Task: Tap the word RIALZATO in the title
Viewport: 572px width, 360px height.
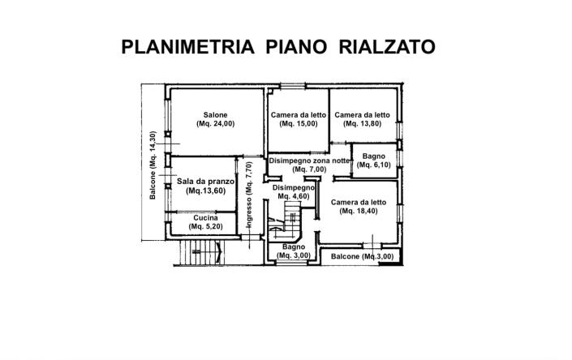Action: click(x=385, y=46)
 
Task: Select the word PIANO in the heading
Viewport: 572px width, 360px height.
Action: click(x=295, y=46)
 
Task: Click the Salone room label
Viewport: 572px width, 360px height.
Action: click(x=215, y=114)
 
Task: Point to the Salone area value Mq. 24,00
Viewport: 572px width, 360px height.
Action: click(x=215, y=124)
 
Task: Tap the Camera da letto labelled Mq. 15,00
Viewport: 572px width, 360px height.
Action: click(x=298, y=114)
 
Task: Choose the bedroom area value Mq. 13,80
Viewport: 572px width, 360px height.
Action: click(x=362, y=124)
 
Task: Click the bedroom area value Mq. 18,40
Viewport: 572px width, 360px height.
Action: click(x=358, y=211)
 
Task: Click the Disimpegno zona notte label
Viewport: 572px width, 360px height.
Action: click(x=310, y=161)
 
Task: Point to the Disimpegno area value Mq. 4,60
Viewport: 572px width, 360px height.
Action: click(x=293, y=196)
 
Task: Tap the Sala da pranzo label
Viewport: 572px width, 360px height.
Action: click(x=205, y=182)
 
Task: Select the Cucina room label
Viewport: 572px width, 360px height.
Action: click(x=205, y=217)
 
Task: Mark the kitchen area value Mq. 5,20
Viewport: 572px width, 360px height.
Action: click(x=205, y=227)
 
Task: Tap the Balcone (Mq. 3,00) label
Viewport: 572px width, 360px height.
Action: click(x=363, y=257)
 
